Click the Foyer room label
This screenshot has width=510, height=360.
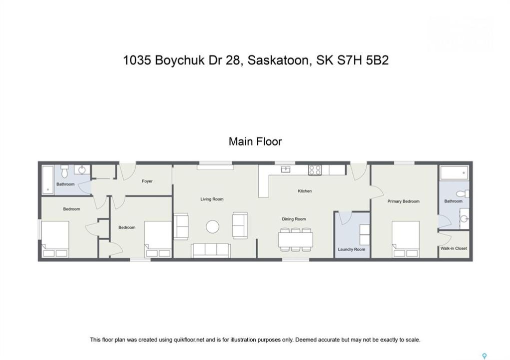coord(147,181)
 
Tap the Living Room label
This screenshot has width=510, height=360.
coord(212,199)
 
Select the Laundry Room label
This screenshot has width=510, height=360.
coord(351,249)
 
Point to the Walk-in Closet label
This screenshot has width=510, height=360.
coord(453,248)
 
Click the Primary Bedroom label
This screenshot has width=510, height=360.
coord(403,201)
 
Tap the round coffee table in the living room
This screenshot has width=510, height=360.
coord(212,227)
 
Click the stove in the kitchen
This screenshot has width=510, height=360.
coord(315,170)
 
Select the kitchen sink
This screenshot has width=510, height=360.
coord(286,169)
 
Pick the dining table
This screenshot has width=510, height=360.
coord(295,239)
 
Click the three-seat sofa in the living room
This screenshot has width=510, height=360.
coord(211,250)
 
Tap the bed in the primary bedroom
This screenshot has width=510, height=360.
coord(405,239)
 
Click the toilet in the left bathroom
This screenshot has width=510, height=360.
coord(65,171)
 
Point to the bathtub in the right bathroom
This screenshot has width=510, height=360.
coord(454,172)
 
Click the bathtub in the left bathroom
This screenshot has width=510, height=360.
coord(48,180)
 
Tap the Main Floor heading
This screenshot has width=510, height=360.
coord(255,141)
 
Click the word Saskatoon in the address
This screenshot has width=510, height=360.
coord(278,60)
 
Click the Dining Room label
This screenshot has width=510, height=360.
coord(294,219)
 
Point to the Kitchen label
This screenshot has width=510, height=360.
coord(305,191)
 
